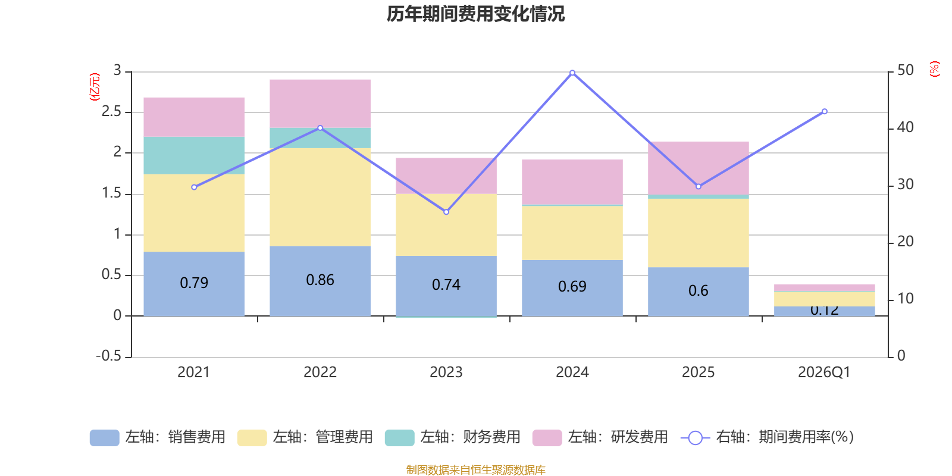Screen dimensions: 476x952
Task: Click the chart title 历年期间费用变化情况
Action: (x=475, y=14)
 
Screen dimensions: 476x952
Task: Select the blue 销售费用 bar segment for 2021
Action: (x=194, y=283)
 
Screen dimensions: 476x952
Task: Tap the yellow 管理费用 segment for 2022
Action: (x=320, y=197)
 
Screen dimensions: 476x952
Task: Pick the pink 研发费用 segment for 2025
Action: (x=698, y=167)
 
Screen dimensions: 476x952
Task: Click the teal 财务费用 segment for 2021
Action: (x=194, y=155)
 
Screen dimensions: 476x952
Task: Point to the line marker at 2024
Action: (x=572, y=73)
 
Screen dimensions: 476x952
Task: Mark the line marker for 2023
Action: (x=446, y=212)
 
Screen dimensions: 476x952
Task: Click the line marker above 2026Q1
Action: (x=825, y=111)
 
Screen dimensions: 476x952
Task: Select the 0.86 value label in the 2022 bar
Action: (x=320, y=280)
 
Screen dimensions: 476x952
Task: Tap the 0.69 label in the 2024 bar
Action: (x=572, y=287)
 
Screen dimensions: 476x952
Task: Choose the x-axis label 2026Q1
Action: (x=824, y=372)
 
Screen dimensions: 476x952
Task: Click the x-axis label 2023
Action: (x=446, y=372)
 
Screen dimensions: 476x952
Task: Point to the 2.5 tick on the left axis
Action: (x=111, y=112)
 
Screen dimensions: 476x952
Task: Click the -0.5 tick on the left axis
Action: (x=108, y=356)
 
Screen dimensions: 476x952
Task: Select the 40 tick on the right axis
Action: (x=905, y=127)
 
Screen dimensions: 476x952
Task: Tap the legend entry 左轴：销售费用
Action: (x=158, y=437)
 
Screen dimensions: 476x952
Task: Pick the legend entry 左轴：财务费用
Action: (x=453, y=437)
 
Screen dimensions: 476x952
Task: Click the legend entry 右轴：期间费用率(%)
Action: (x=768, y=437)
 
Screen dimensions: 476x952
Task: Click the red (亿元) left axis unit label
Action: (x=95, y=87)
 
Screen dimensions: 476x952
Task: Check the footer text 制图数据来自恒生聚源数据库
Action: (x=475, y=470)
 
